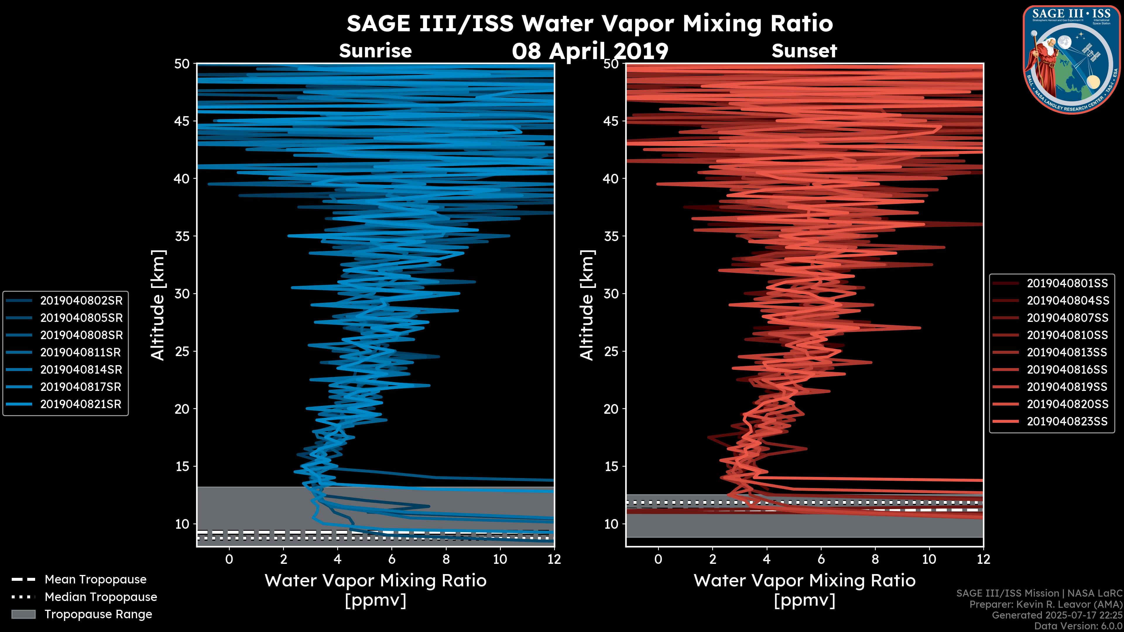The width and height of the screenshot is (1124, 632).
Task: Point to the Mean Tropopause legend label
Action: click(x=95, y=580)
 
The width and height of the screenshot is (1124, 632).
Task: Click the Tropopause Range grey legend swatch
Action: click(x=23, y=614)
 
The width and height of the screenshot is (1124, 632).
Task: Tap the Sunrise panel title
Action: click(x=375, y=51)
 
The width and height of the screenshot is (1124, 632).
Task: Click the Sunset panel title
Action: click(x=804, y=51)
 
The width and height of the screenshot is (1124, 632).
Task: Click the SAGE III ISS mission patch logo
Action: click(x=1072, y=59)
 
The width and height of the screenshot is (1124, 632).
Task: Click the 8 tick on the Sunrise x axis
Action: click(x=446, y=559)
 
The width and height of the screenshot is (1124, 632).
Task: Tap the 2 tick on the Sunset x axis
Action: click(x=712, y=559)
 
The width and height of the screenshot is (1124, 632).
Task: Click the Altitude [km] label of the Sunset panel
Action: click(x=587, y=305)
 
